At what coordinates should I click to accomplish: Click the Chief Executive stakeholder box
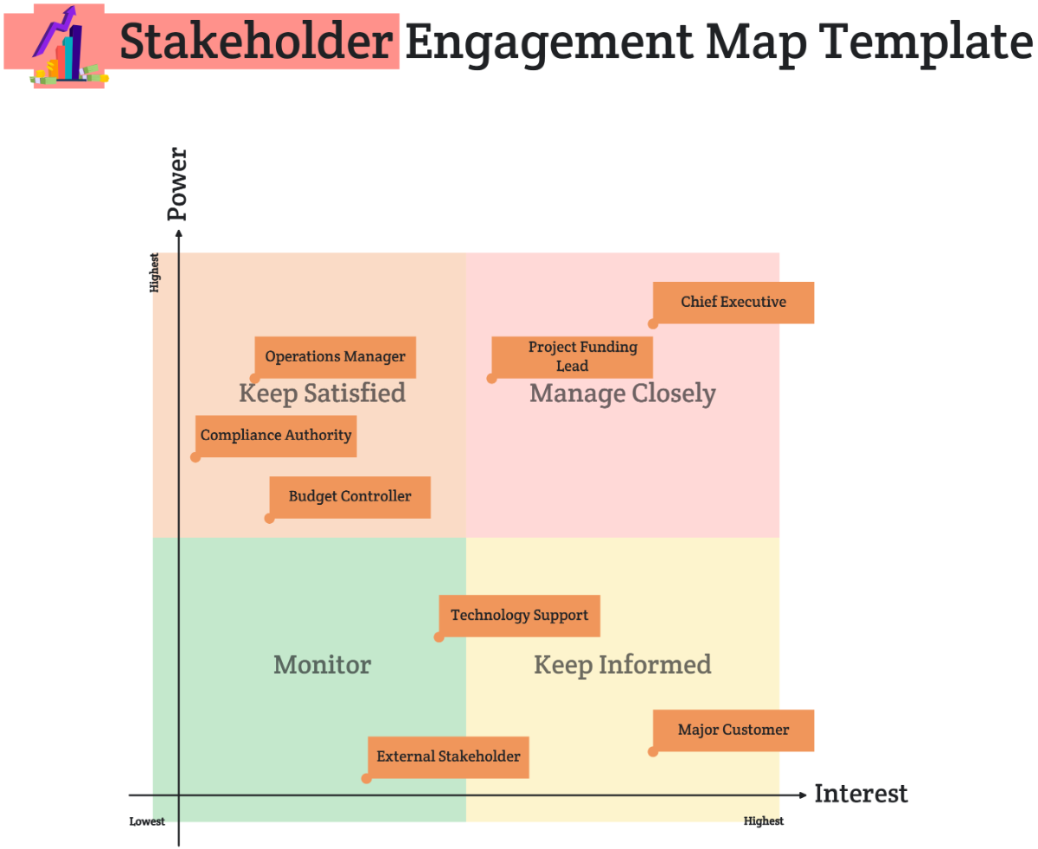(x=734, y=303)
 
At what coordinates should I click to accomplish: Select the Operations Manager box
(x=336, y=357)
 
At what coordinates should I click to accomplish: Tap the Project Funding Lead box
(x=572, y=357)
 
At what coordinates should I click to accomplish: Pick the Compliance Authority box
(x=276, y=436)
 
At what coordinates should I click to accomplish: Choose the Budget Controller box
(x=350, y=497)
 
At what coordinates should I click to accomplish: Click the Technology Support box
(x=519, y=616)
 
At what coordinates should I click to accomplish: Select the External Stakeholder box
(x=448, y=756)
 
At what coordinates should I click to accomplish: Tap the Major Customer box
(x=734, y=731)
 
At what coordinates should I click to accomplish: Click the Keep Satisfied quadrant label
(x=322, y=394)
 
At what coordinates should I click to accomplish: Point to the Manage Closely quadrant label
(x=623, y=394)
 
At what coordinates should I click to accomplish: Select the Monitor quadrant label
(x=322, y=665)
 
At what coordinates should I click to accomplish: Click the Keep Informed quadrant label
(x=623, y=665)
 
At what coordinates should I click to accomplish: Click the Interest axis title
(x=861, y=794)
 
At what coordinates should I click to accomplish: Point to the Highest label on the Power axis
(x=155, y=272)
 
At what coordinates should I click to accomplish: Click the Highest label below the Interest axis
(x=764, y=821)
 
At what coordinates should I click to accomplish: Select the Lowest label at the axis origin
(x=147, y=821)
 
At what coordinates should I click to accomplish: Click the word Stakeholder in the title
(x=255, y=41)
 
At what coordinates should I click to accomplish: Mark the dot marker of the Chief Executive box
(x=653, y=324)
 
